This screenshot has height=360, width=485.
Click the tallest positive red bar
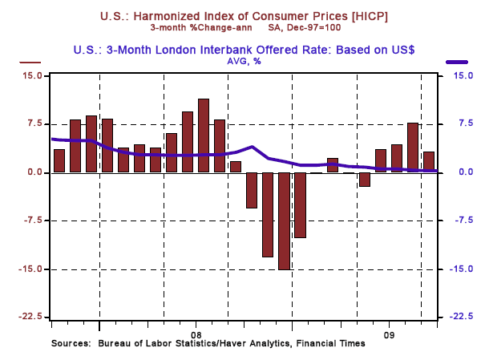point(204,135)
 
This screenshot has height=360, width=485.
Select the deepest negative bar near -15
point(284,220)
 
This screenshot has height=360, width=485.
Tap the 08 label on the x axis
point(196,333)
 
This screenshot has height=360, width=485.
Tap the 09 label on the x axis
point(389,333)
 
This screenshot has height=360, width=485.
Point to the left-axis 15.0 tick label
point(34,75)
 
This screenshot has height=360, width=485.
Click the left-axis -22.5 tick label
point(31,317)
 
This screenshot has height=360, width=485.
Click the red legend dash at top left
point(30,62)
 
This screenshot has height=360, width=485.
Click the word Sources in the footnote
point(71,343)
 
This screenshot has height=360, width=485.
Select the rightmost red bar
point(429,161)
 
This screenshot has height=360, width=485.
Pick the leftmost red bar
point(59,160)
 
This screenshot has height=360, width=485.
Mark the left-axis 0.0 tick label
point(37,172)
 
